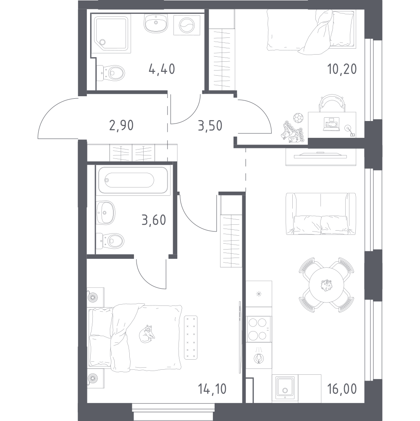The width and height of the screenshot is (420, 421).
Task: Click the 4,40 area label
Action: tap(162, 69)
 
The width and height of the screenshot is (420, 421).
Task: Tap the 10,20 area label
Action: tap(342, 69)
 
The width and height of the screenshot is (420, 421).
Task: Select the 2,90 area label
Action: tap(121, 125)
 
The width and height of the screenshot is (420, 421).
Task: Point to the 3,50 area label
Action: tap(210, 125)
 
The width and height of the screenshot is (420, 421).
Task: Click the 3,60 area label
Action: tap(154, 220)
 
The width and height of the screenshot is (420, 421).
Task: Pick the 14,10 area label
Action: tap(212, 389)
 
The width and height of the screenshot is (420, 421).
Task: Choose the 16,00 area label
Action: tap(342, 389)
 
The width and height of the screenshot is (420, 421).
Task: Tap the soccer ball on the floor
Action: tap(297, 118)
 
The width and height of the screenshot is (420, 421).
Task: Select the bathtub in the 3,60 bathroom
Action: tap(133, 180)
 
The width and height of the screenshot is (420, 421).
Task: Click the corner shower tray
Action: tap(111, 33)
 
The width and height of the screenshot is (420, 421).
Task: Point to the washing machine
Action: tap(187, 25)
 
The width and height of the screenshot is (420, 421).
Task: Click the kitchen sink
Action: tap(285, 388)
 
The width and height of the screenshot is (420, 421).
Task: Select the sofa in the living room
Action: tap(321, 214)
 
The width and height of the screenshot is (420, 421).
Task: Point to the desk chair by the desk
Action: tap(332, 102)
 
